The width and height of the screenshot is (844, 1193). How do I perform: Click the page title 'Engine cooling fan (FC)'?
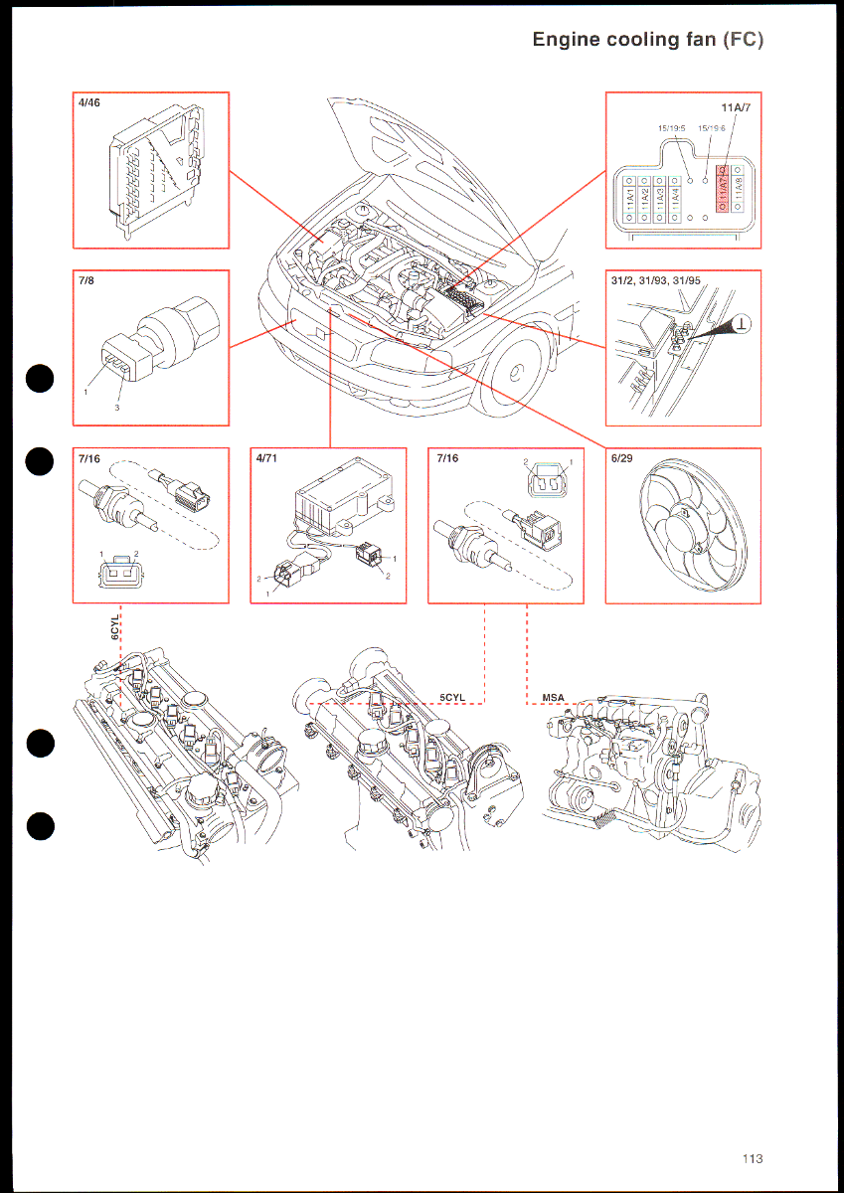pyautogui.click(x=647, y=40)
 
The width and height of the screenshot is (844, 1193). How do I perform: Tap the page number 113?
pyautogui.click(x=752, y=1158)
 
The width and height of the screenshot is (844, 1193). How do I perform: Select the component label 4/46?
pyautogui.click(x=88, y=102)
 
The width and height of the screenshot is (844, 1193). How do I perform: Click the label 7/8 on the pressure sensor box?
pyautogui.click(x=84, y=280)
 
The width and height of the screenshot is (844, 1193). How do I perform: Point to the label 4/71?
pyautogui.click(x=266, y=458)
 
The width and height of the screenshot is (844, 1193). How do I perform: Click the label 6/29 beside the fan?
pyautogui.click(x=621, y=458)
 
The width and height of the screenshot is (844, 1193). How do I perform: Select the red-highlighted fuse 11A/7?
pyautogui.click(x=724, y=194)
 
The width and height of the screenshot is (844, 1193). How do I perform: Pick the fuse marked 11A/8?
pyautogui.click(x=739, y=194)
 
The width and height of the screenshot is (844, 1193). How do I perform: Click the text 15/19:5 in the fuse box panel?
pyautogui.click(x=672, y=127)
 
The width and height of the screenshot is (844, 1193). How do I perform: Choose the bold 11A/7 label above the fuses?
pyautogui.click(x=736, y=107)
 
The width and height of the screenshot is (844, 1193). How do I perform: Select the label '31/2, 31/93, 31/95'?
pyautogui.click(x=656, y=280)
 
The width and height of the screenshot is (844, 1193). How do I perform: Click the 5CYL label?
pyautogui.click(x=452, y=697)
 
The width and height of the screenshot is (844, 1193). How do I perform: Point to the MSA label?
pyautogui.click(x=553, y=697)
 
